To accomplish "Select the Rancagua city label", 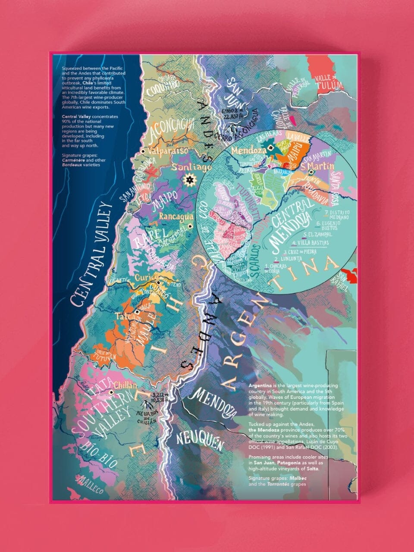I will pyautogui.click(x=174, y=216).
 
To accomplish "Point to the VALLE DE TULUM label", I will pyautogui.click(x=329, y=82).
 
